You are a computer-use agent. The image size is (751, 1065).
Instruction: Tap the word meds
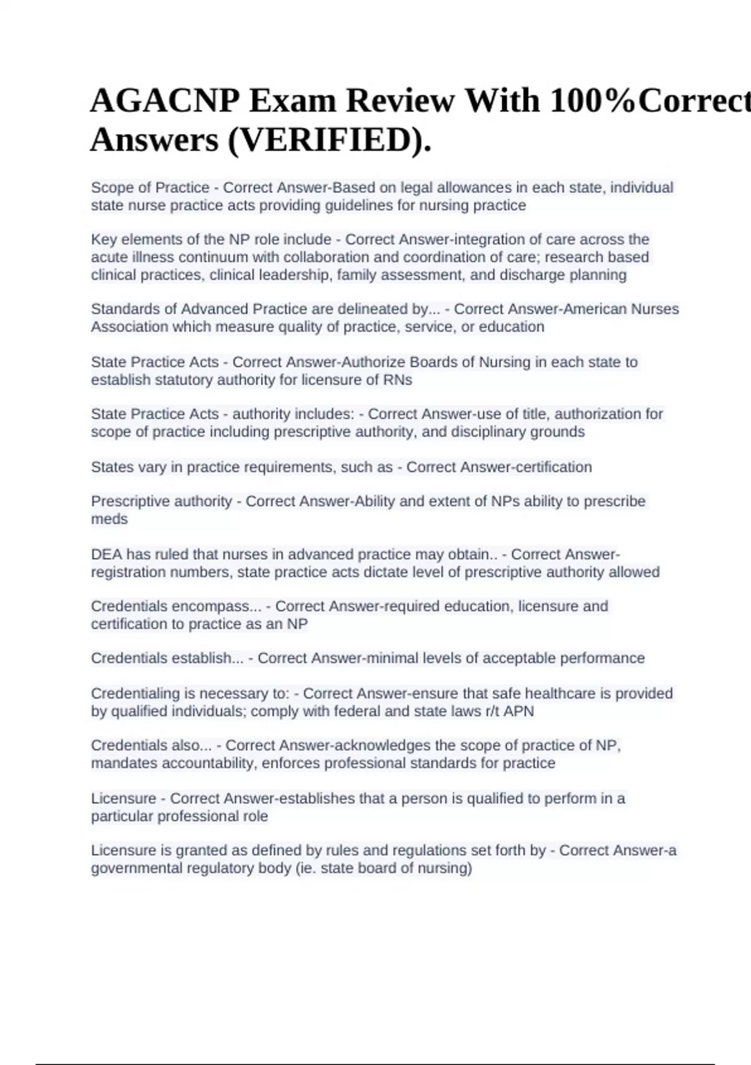[109, 519]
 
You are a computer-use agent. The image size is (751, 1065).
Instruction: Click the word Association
[130, 327]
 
